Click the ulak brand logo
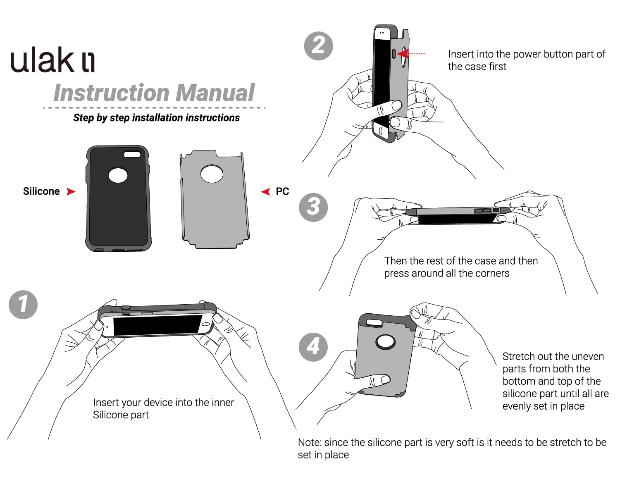coord(52,60)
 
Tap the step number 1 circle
coord(23,305)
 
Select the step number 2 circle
coord(318,45)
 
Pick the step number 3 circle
coord(313,207)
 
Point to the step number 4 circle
coord(313,346)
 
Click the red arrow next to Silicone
coord(71,191)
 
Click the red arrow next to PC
coord(265,191)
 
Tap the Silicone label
coord(41,191)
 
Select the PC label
coord(282,191)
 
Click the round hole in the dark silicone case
coord(118,176)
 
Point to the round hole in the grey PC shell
coord(212,174)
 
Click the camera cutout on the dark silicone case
coord(132,154)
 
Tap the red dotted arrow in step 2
coord(411,53)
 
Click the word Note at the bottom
coord(309,442)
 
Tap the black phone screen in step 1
coord(157,324)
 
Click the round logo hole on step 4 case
coord(385,342)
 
